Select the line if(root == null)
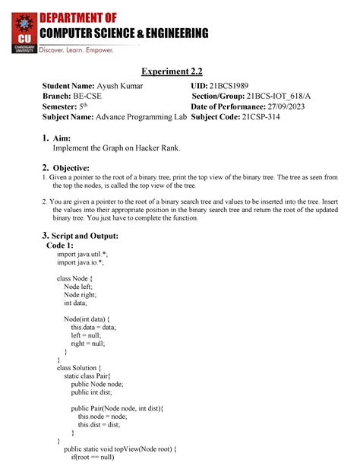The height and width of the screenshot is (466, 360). pos(103,458)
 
